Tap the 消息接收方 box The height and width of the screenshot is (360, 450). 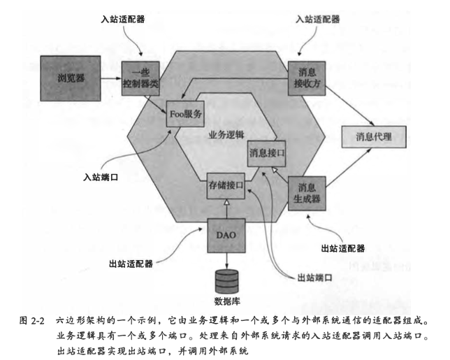pos(307,77)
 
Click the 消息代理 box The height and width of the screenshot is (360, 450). pos(374,136)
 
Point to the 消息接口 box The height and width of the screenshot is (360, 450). pos(266,152)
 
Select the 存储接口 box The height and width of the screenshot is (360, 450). pos(226,187)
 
